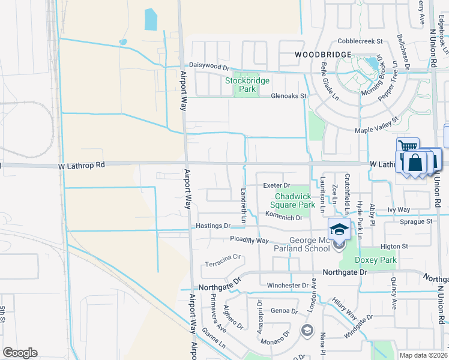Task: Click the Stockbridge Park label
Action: click(x=247, y=85)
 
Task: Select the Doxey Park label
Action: click(x=376, y=260)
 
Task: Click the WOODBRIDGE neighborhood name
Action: click(x=322, y=55)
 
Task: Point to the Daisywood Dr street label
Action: click(x=209, y=65)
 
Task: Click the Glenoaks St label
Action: click(x=289, y=95)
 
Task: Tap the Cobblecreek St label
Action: click(x=360, y=41)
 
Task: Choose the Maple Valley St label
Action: click(x=378, y=125)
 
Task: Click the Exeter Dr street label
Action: click(x=277, y=185)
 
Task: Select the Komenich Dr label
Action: click(x=283, y=217)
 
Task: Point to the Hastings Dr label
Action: click(x=213, y=226)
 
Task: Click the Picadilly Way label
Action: click(x=249, y=240)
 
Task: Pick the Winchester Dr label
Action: click(x=288, y=285)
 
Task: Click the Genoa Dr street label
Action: click(x=284, y=311)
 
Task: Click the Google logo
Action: click(x=20, y=353)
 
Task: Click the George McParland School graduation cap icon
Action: click(x=339, y=229)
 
